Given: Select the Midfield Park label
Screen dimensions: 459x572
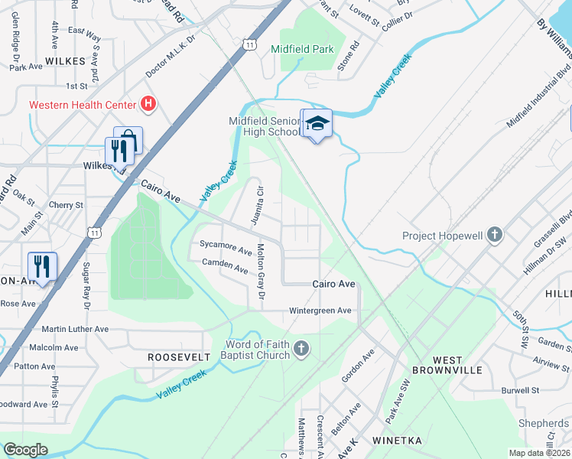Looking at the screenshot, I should [x=303, y=49].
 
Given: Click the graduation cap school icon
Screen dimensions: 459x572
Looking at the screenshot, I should [x=318, y=124].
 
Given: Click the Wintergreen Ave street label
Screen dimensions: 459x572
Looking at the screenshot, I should [x=320, y=311].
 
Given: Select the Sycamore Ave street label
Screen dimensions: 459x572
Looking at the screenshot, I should [x=226, y=249].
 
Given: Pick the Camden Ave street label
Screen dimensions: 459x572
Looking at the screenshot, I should [x=225, y=269].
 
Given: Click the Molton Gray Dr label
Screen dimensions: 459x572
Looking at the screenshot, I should [x=261, y=271].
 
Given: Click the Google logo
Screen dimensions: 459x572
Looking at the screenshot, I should [x=25, y=450].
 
